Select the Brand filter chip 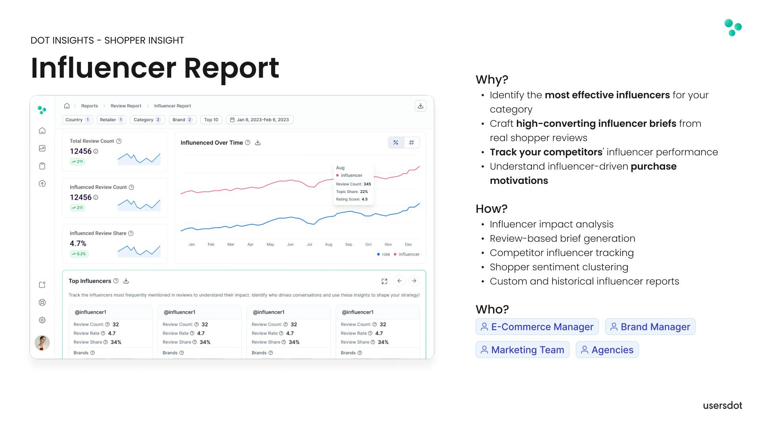pyautogui.click(x=182, y=120)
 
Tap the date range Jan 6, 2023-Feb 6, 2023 pyautogui.click(x=260, y=120)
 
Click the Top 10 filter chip pyautogui.click(x=211, y=120)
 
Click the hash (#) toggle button pyautogui.click(x=411, y=143)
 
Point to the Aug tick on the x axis pyautogui.click(x=329, y=245)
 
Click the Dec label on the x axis pyautogui.click(x=408, y=245)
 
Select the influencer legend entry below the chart pyautogui.click(x=407, y=254)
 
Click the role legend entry pyautogui.click(x=384, y=254)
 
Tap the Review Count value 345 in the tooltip pyautogui.click(x=367, y=184)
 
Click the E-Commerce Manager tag pyautogui.click(x=537, y=327)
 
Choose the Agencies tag pyautogui.click(x=607, y=350)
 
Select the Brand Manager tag pyautogui.click(x=650, y=327)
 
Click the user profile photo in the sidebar pyautogui.click(x=42, y=343)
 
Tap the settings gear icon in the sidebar pyautogui.click(x=42, y=320)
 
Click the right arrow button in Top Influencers pyautogui.click(x=414, y=281)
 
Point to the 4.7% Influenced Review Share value pyautogui.click(x=78, y=244)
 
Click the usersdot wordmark pyautogui.click(x=722, y=405)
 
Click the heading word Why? pyautogui.click(x=491, y=80)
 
